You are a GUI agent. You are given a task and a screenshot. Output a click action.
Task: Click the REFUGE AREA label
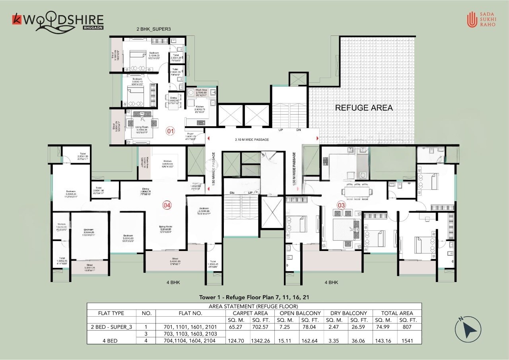pyautogui.click(x=364, y=108)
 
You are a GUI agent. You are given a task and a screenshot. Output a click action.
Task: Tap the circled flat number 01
pyautogui.click(x=170, y=131)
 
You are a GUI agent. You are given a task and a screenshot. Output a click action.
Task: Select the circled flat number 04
pyautogui.click(x=167, y=205)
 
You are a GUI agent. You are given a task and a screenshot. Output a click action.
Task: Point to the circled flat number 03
pyautogui.click(x=341, y=205)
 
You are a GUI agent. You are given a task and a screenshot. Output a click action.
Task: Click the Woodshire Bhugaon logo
pyautogui.click(x=58, y=21)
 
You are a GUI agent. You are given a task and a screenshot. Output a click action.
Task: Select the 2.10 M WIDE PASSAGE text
pyautogui.click(x=252, y=140)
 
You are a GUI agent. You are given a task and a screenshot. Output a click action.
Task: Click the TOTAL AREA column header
pyautogui.click(x=397, y=313)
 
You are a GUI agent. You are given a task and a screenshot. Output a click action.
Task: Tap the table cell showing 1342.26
pyautogui.click(x=262, y=341)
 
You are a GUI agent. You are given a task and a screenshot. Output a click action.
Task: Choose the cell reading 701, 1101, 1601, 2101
pyautogui.click(x=191, y=327)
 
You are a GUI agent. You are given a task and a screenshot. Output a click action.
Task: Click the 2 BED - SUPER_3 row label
pyautogui.click(x=111, y=327)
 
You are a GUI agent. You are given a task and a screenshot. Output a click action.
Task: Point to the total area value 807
pyautogui.click(x=408, y=327)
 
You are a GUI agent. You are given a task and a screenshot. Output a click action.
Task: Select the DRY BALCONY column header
pyautogui.click(x=348, y=313)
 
